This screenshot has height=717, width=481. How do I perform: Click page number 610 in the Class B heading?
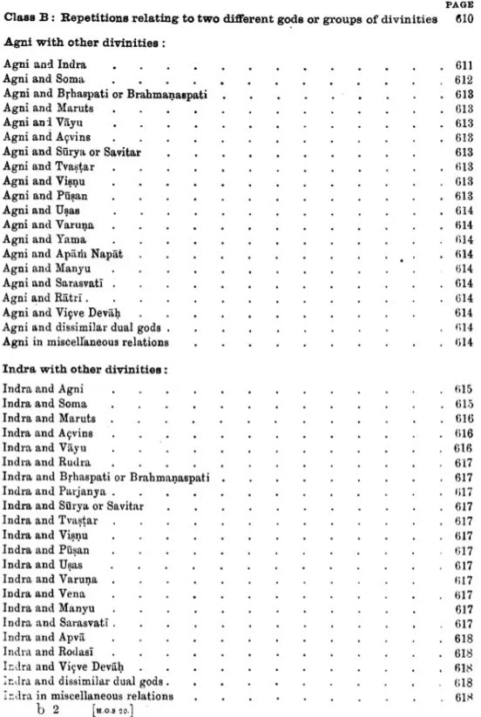[x=462, y=19]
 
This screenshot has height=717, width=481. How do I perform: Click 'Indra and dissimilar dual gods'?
[x=84, y=681]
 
